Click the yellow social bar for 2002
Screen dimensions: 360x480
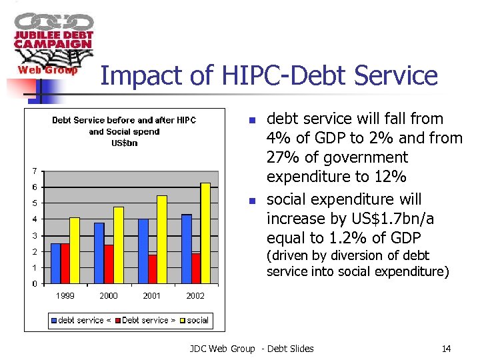point(205,233)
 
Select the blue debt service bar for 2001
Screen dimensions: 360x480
point(143,251)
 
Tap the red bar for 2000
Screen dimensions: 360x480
point(109,264)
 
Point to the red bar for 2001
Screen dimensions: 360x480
point(153,269)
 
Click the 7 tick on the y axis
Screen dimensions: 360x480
point(35,171)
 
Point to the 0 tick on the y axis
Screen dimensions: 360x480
point(35,284)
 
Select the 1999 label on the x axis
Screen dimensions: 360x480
point(65,296)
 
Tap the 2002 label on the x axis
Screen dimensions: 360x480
point(195,296)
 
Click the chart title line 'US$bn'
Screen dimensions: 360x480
point(124,143)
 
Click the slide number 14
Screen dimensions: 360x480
point(446,349)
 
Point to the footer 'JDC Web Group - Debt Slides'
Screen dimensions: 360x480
point(251,349)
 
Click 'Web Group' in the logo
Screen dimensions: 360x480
point(47,70)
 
